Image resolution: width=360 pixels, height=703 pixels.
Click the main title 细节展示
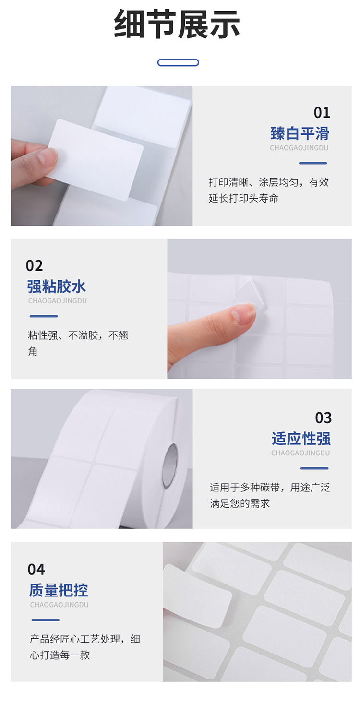pos(177,24)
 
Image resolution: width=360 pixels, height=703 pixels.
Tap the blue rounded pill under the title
pos(178,62)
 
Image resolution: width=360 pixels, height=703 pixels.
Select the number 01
pos(322,113)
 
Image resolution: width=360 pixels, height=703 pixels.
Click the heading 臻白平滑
pos(300,133)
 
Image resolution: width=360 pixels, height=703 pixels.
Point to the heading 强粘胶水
pos(57,286)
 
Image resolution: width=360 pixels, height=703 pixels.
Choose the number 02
pos(34,266)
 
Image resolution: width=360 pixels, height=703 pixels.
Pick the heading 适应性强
pos(301,439)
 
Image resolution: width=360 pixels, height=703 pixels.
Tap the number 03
pos(323,418)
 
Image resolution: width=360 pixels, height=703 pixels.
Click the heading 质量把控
pos(59,590)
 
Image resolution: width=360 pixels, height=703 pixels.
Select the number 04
pos(36,570)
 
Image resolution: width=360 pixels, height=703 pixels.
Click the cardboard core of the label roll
pos(170,466)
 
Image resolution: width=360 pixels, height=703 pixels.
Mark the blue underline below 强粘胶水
pos(44,316)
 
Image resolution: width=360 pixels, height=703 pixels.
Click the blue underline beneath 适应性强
pos(314,468)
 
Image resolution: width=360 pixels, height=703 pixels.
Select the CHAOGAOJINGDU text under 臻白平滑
pos(299,147)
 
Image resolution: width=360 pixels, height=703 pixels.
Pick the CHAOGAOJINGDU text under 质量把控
pos(60,605)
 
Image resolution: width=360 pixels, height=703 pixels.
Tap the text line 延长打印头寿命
pos(243,198)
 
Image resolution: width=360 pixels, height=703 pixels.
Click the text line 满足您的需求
pos(240,503)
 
